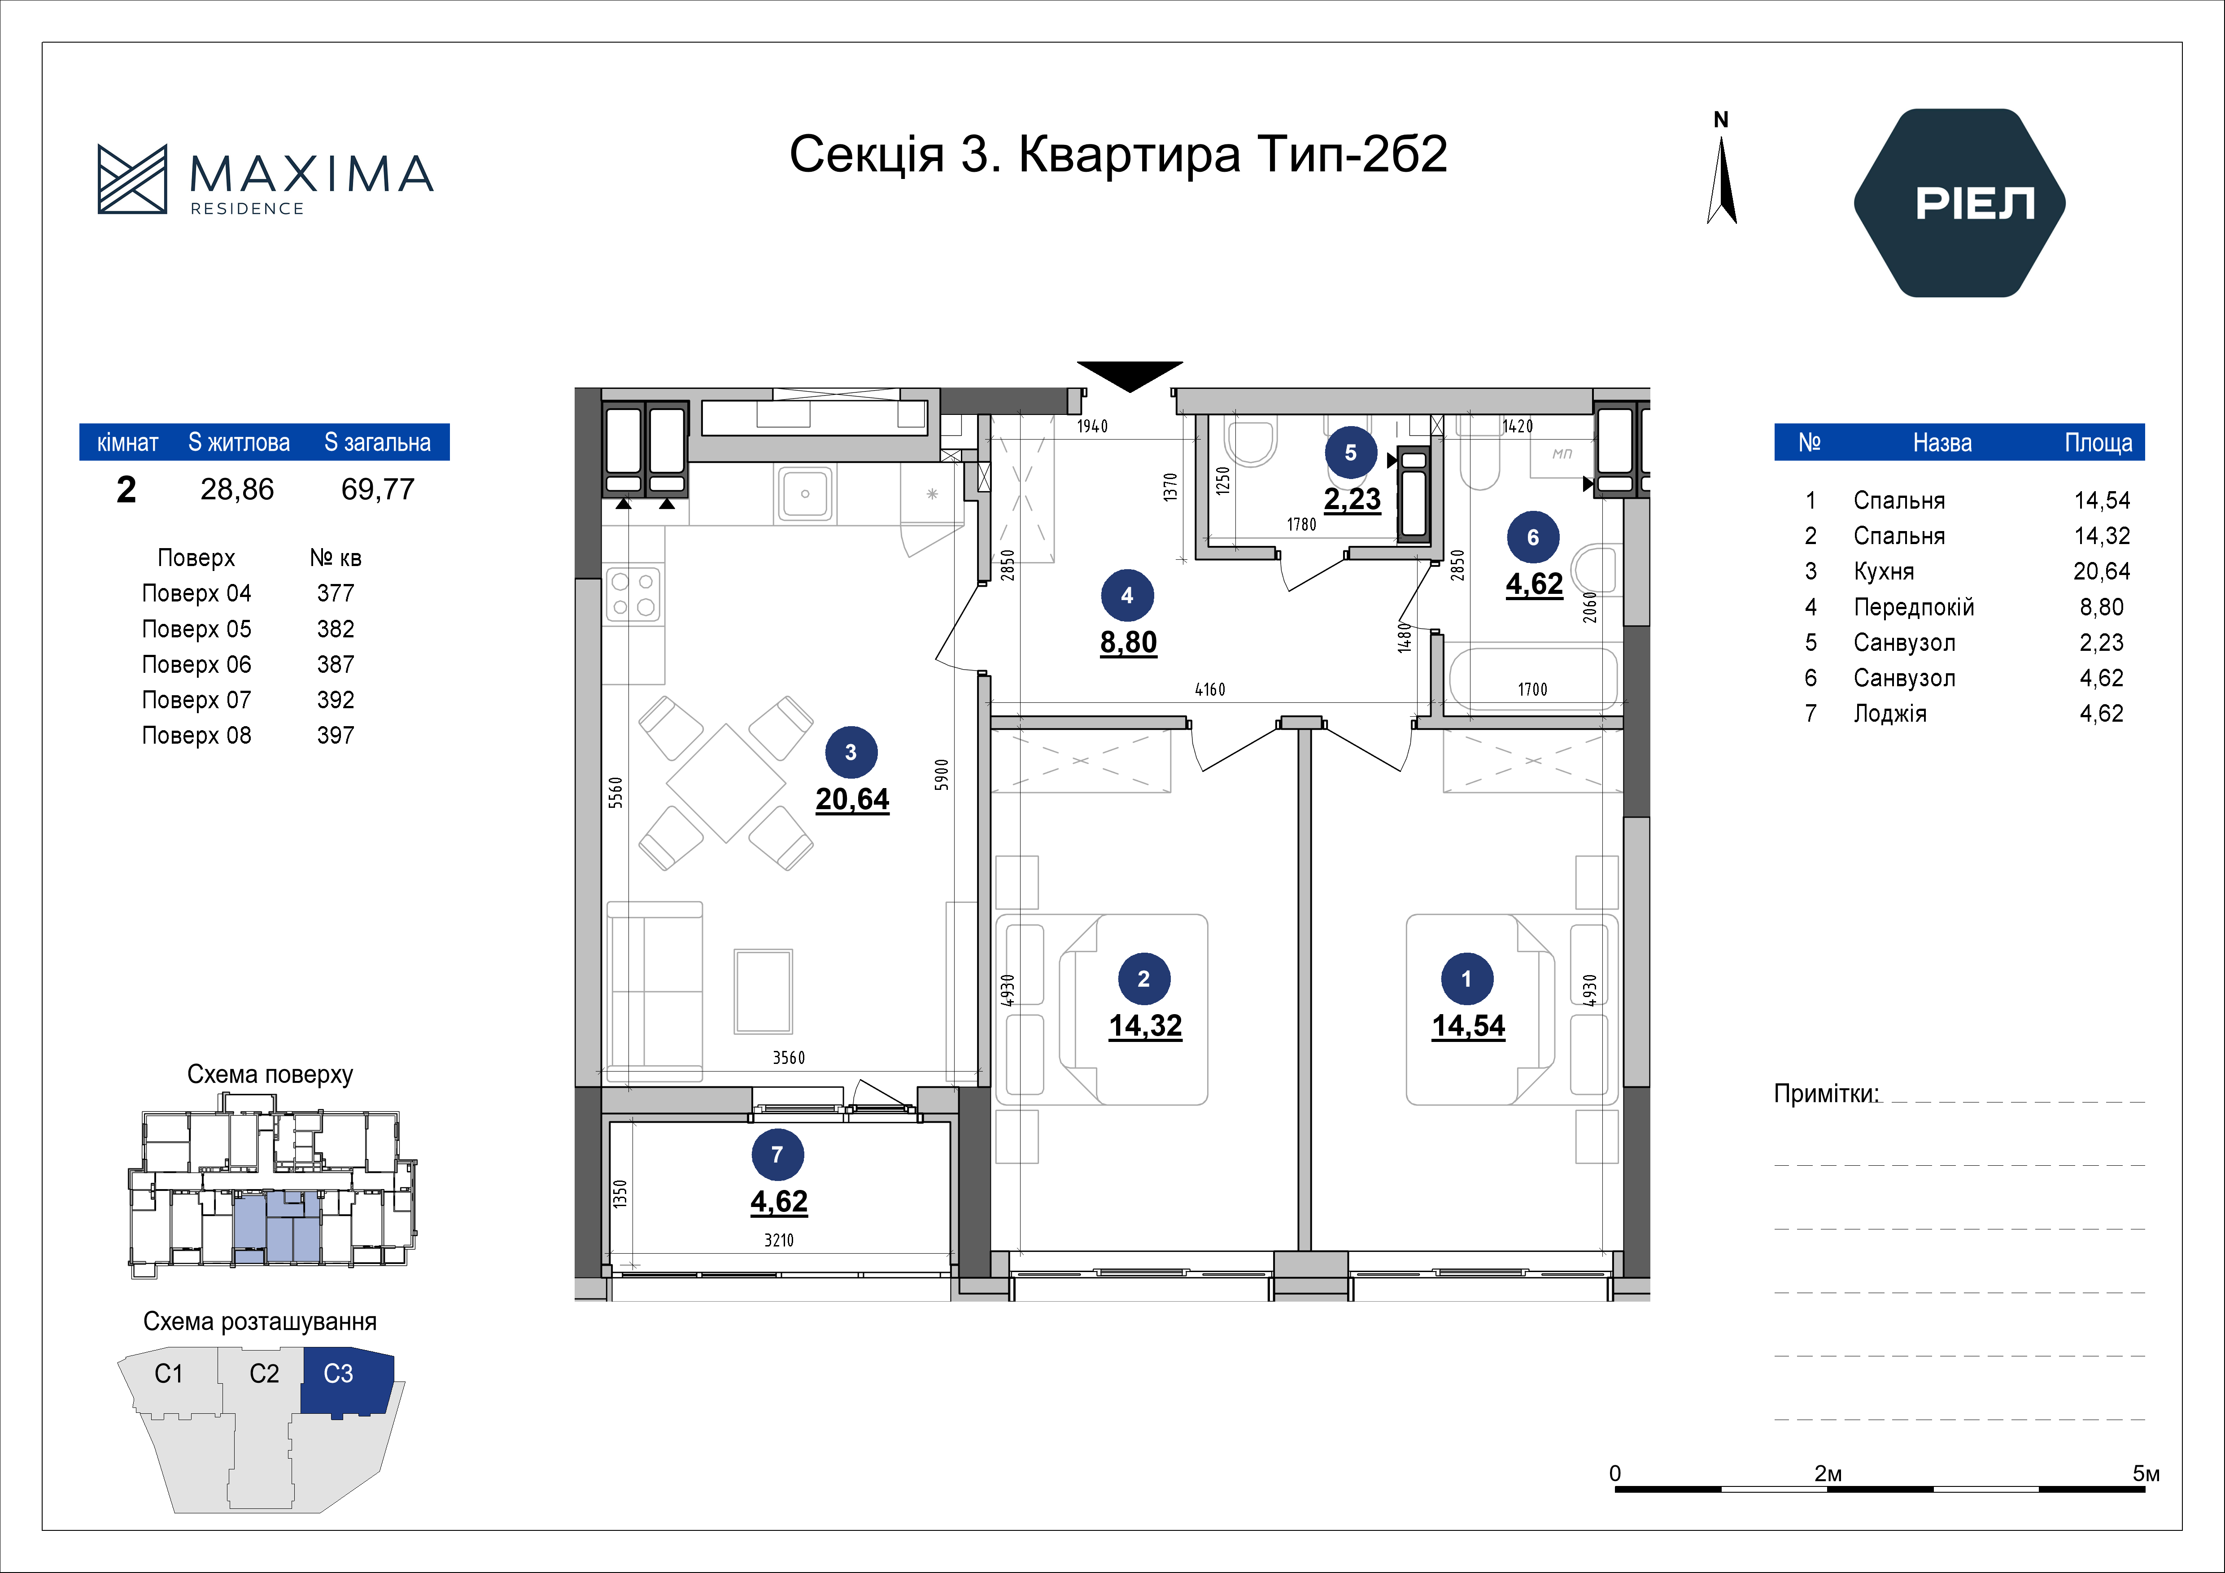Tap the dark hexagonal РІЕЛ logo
[1959, 203]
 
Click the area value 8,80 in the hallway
[1128, 643]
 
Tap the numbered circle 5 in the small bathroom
[1351, 453]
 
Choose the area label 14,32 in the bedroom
[1145, 1025]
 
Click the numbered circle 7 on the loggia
[777, 1155]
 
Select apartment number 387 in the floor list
[335, 665]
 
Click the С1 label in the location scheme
[169, 1373]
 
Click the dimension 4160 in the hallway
[1209, 689]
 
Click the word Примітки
[1826, 1094]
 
